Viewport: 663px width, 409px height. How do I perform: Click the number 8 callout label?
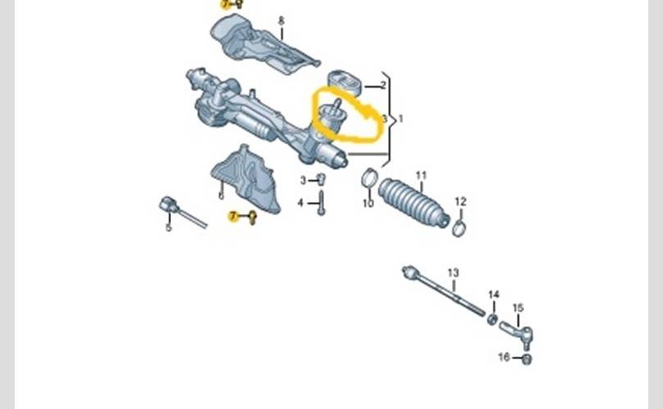[282, 20]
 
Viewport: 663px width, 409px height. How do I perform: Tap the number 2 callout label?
[383, 85]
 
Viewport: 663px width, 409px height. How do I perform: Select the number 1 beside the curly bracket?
[401, 119]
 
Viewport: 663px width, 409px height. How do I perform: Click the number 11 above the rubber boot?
[422, 175]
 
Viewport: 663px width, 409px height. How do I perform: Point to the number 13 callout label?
[453, 273]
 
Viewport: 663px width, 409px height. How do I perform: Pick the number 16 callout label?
[504, 357]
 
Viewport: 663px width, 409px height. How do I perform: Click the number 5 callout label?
[169, 227]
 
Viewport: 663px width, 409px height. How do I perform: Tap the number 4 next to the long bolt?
[300, 203]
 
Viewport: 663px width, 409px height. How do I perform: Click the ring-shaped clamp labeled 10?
[369, 177]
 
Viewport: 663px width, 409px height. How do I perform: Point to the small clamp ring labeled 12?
[459, 228]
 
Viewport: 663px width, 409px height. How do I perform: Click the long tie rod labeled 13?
[443, 291]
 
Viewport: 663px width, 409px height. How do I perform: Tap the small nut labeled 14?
[492, 319]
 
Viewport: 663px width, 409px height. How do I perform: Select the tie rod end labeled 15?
[516, 333]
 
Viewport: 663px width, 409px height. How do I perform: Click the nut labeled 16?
[526, 359]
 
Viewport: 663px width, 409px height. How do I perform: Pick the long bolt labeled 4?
[321, 203]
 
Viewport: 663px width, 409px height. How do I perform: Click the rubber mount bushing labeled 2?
[345, 83]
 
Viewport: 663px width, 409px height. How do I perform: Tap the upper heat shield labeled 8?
[263, 45]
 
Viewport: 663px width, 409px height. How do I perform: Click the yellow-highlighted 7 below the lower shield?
[233, 217]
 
